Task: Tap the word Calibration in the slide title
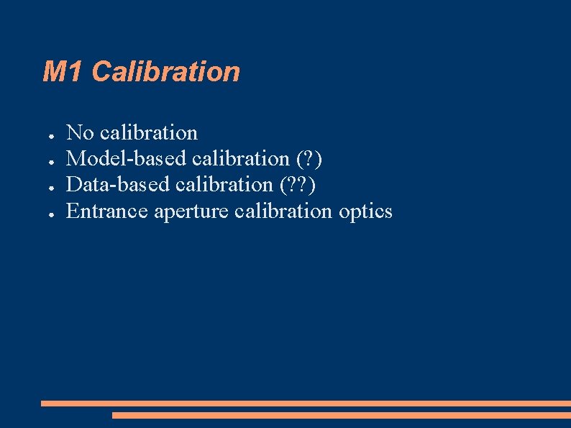click(166, 72)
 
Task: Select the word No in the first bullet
click(80, 133)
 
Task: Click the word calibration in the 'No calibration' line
click(149, 133)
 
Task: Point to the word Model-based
click(127, 159)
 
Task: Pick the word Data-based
click(119, 185)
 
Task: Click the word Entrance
click(107, 211)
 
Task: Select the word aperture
click(192, 212)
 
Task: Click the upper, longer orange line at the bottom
click(306, 404)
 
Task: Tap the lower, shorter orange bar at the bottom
click(341, 415)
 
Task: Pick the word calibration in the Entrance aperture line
click(283, 211)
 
